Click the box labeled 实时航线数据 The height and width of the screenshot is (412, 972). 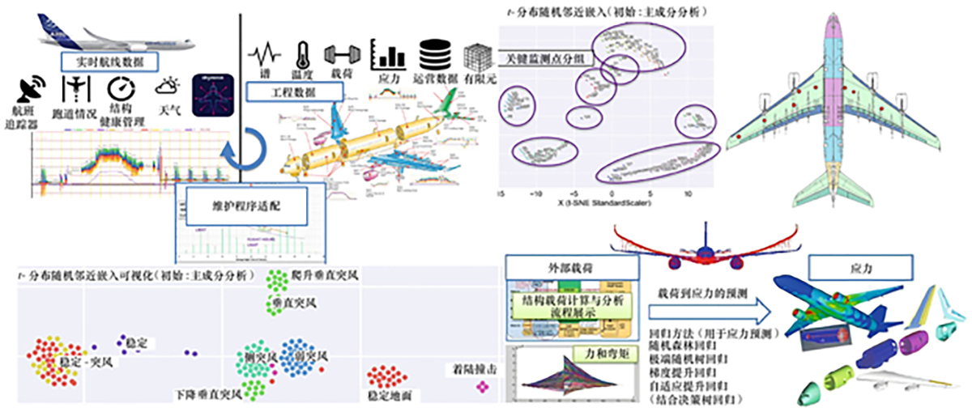(110, 61)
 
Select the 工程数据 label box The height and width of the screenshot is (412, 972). (292, 91)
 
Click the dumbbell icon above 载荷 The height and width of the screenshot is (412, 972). (340, 55)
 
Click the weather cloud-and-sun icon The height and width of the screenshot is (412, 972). (168, 86)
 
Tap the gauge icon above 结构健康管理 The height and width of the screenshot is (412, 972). (122, 89)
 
